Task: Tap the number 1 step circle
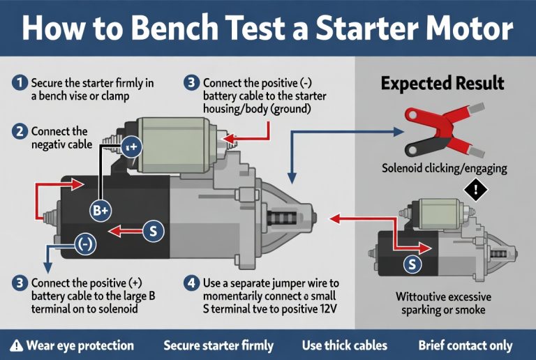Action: [20, 83]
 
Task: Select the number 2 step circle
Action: [20, 130]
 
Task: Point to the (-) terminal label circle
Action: [86, 244]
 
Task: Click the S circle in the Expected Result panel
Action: [412, 264]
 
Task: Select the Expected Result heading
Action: [442, 84]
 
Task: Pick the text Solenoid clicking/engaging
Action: [445, 168]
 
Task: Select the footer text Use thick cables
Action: [345, 345]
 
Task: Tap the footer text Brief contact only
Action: [465, 345]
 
